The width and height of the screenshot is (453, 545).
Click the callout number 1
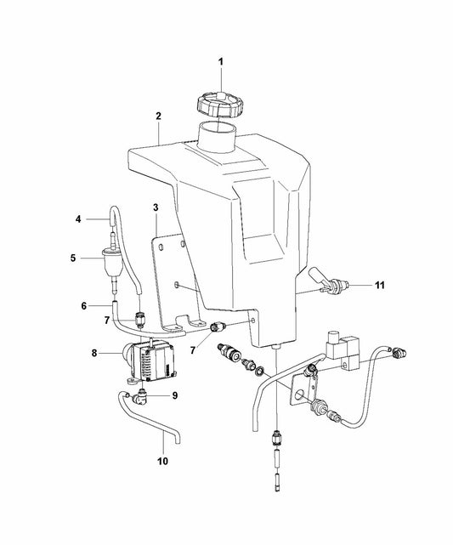tap(221, 62)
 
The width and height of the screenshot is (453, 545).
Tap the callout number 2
tap(158, 116)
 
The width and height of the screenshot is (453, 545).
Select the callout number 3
tap(156, 207)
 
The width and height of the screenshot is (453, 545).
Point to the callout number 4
tap(78, 219)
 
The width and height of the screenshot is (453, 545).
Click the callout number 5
tap(73, 258)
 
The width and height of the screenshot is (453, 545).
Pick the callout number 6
tap(84, 306)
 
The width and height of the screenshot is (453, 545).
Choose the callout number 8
tap(94, 353)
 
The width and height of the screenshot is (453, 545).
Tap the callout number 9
tap(175, 395)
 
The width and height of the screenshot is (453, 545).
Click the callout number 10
tap(162, 461)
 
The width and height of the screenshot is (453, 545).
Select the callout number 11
tap(380, 285)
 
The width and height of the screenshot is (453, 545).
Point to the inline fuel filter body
tap(112, 260)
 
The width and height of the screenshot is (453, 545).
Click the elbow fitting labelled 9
tap(141, 396)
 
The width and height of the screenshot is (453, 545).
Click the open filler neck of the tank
tap(218, 136)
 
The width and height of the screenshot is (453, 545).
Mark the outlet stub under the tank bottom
tap(276, 347)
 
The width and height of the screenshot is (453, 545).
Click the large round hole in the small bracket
tap(299, 395)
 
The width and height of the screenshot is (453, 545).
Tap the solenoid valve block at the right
tap(342, 351)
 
